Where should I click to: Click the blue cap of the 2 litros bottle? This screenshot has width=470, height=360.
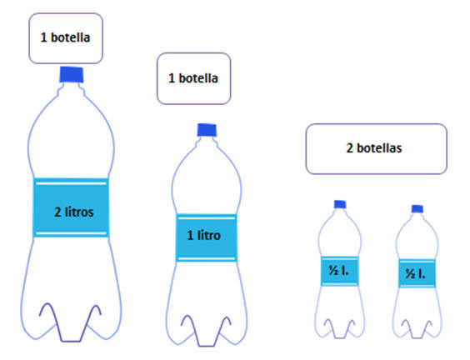tap(72, 75)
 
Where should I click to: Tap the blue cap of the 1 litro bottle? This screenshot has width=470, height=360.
tap(207, 130)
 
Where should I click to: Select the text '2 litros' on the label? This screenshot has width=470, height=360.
tap(73, 212)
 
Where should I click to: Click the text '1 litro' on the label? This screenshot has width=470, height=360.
tap(204, 235)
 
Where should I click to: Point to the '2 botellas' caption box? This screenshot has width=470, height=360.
tap(377, 148)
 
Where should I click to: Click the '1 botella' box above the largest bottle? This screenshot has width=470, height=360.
tap(66, 38)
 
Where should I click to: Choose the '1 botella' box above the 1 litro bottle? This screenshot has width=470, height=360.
tap(194, 78)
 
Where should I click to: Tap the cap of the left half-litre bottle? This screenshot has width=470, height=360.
tap(340, 204)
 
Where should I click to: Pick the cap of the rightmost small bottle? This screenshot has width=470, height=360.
tap(417, 209)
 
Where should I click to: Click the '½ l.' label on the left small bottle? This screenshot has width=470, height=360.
tap(340, 272)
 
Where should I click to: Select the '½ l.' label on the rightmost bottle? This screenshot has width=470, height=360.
tap(417, 273)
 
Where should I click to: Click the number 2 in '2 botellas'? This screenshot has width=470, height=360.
tap(349, 148)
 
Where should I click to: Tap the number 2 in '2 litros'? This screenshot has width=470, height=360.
tap(57, 212)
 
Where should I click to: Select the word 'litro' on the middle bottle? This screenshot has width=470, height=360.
tap(209, 235)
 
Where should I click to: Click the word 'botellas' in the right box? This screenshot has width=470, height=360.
tap(379, 148)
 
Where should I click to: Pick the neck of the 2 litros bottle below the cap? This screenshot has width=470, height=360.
tap(72, 88)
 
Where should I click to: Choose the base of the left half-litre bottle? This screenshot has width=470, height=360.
tap(340, 329)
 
